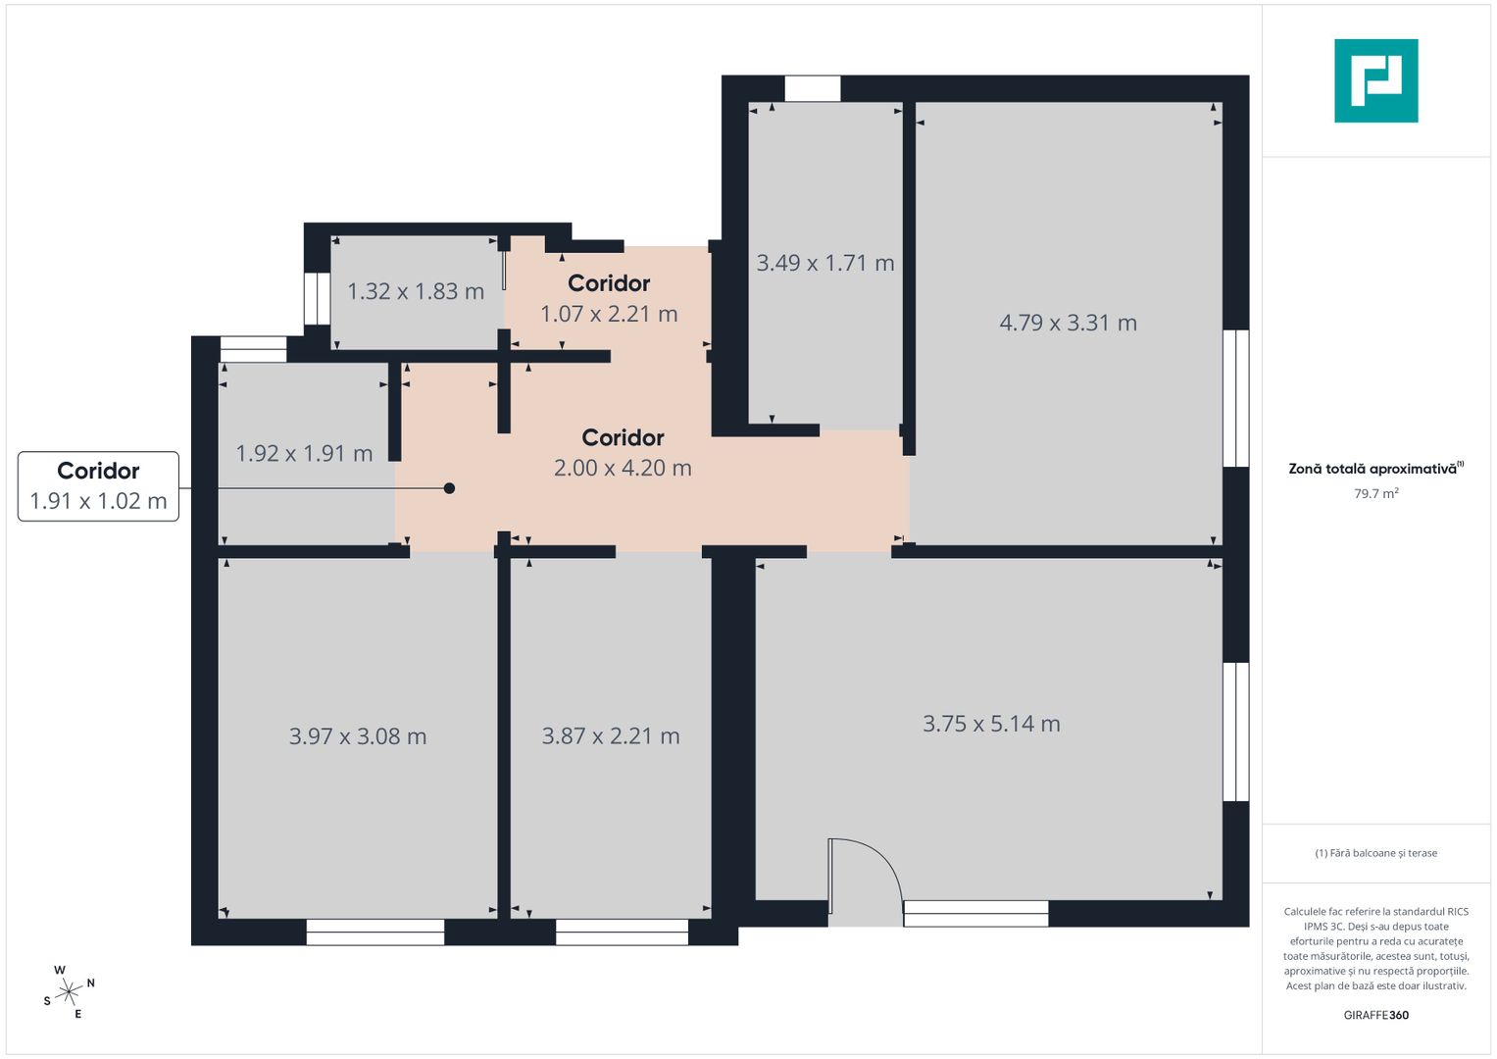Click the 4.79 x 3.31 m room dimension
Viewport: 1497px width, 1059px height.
coord(1068,323)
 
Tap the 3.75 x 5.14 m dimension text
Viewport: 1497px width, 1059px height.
coord(991,724)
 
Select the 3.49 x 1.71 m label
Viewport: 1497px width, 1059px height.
coord(824,263)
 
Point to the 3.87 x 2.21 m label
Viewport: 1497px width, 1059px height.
coord(610,736)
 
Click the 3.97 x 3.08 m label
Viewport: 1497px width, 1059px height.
coord(357,736)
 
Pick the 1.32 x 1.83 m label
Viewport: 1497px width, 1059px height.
coord(416,291)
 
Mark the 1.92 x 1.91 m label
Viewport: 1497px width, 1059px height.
coord(304,453)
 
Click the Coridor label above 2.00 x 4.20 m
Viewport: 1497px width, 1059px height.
coord(623,437)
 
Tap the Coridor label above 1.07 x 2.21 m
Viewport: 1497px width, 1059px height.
coord(609,283)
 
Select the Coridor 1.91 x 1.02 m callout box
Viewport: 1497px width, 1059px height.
coord(98,486)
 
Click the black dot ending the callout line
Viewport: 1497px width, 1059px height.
coord(449,488)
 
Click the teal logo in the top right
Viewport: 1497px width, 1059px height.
coord(1375,80)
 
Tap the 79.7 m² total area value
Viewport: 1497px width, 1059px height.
coord(1375,493)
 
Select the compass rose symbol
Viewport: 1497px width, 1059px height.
coord(68,993)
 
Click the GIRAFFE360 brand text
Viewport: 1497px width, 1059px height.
coord(1375,1015)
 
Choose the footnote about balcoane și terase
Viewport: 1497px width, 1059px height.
coord(1375,853)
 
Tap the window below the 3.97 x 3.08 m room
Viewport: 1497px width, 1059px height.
coord(375,933)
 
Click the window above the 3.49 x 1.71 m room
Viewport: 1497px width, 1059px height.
coord(813,88)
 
